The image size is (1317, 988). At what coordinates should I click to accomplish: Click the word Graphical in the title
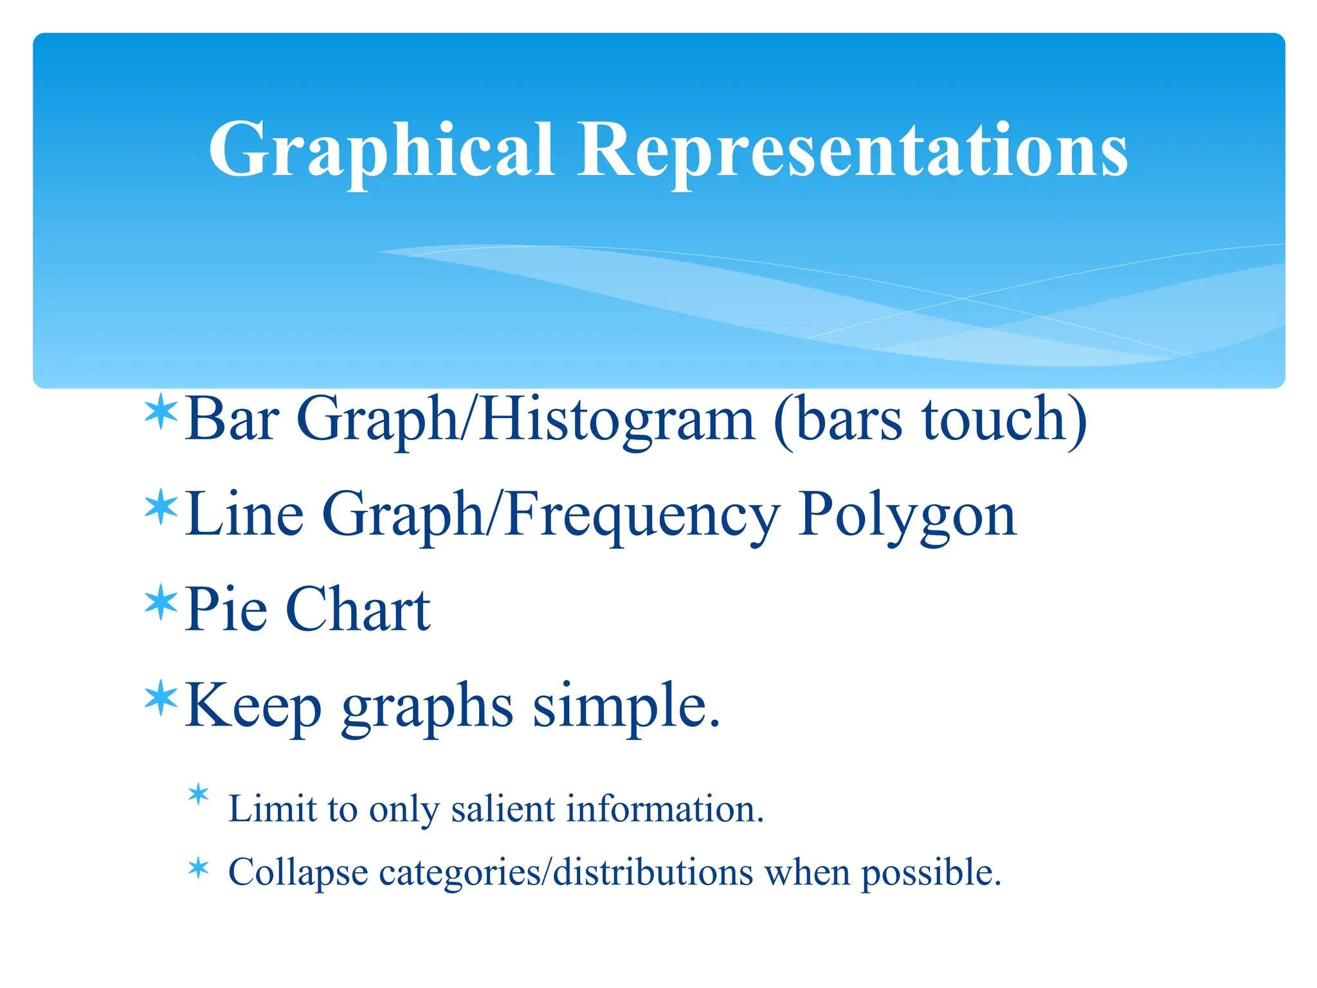tap(381, 150)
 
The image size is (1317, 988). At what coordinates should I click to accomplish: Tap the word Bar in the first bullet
tap(232, 419)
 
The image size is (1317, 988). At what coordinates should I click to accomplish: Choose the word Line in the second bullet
tap(244, 514)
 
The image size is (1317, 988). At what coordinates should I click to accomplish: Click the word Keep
tap(253, 706)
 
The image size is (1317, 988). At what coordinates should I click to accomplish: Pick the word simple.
tap(626, 706)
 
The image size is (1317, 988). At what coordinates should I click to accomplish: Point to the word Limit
tap(273, 809)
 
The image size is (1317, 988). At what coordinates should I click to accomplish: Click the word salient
tap(502, 809)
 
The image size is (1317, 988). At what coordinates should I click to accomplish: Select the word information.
tap(665, 809)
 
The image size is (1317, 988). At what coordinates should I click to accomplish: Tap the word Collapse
tap(298, 874)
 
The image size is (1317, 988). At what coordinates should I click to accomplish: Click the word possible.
tap(931, 874)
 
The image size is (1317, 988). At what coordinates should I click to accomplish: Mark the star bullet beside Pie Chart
tap(161, 603)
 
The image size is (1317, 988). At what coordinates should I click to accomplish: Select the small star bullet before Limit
tap(199, 795)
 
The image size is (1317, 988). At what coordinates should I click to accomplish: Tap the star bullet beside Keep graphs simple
tap(161, 699)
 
